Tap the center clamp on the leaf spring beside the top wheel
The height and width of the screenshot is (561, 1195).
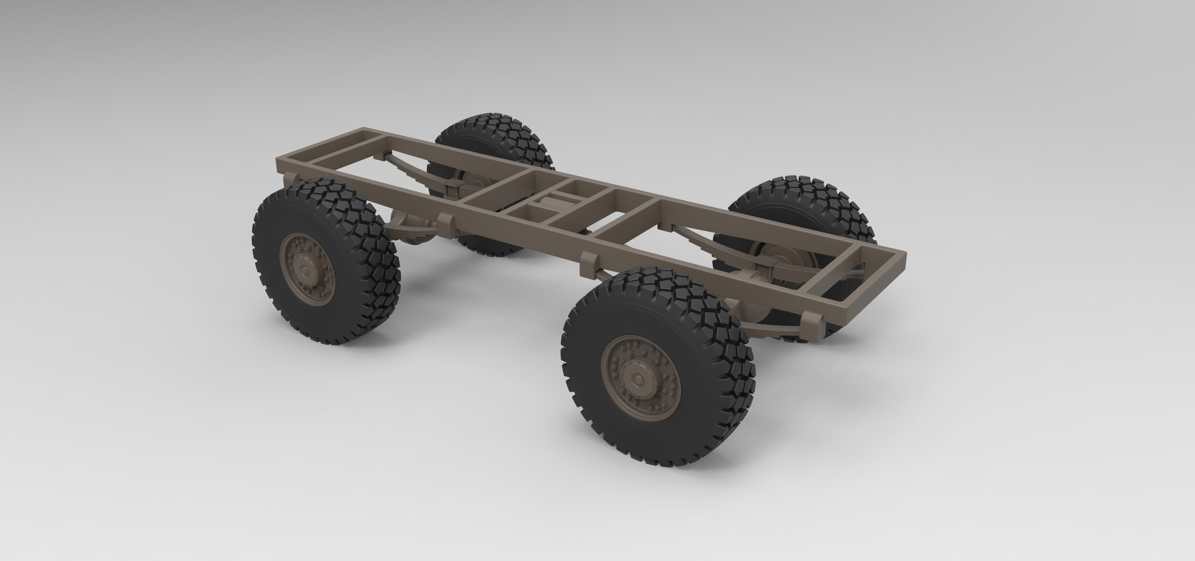coord(454,187)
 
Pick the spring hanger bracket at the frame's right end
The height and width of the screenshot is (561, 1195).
coord(808,321)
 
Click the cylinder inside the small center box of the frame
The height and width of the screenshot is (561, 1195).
coord(554,202)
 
